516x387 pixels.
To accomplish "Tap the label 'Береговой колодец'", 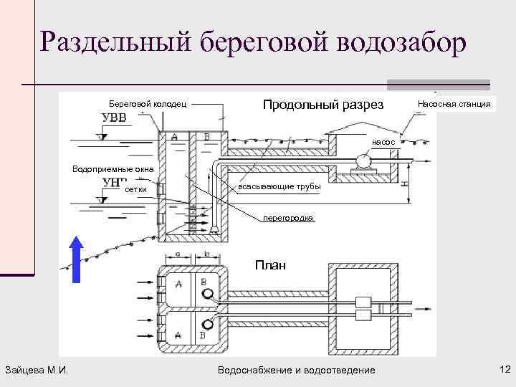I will (x=148, y=105).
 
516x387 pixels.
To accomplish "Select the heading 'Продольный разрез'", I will (x=323, y=105).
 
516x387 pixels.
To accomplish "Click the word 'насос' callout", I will (x=384, y=143).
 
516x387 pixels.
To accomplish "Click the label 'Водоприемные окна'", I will (x=107, y=169).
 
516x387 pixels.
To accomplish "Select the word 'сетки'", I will (x=135, y=189).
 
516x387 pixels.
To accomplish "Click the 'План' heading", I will (x=270, y=265).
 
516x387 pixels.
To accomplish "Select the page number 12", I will (x=503, y=369).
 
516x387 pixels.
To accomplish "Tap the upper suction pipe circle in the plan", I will (x=208, y=294).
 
